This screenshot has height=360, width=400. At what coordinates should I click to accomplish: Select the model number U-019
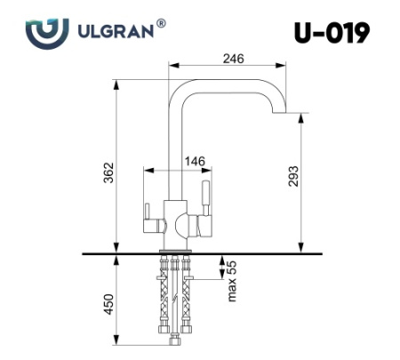coord(330,33)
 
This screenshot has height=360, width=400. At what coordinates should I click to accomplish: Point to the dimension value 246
coord(233,58)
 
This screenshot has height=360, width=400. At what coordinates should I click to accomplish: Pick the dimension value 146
coord(195,161)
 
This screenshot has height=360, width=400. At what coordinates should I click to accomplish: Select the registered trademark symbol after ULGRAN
coord(161,24)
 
